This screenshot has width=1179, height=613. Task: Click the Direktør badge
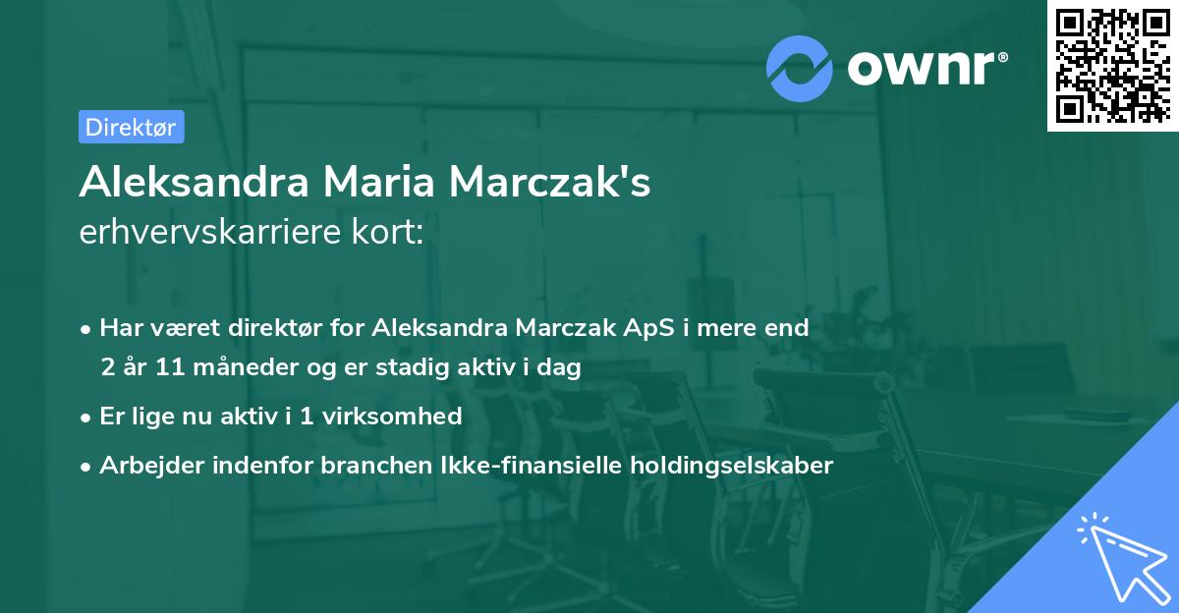[x=131, y=127]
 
